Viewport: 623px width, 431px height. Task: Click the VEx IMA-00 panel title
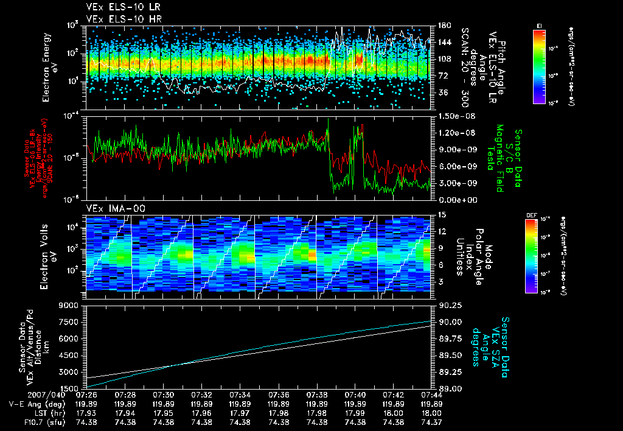tap(111, 208)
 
